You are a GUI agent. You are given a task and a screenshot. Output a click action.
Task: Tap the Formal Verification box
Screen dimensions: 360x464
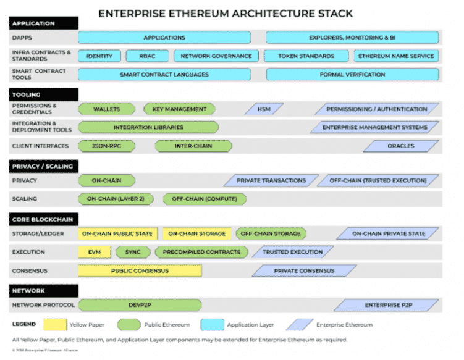(352, 75)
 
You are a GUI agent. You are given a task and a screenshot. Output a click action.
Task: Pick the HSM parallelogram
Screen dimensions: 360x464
(264, 109)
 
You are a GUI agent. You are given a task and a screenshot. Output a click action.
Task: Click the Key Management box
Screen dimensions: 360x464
(179, 109)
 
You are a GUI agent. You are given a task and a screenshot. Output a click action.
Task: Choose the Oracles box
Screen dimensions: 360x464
(401, 146)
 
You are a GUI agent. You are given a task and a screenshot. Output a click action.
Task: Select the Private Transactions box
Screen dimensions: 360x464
(271, 181)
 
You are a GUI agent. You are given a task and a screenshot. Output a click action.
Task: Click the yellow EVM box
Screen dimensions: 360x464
(95, 252)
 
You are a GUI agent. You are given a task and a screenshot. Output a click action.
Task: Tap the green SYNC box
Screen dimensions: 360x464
(133, 252)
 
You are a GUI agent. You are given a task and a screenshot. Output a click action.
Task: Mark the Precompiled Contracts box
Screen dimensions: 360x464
(201, 252)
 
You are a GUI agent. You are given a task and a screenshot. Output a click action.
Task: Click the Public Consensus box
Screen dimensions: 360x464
(140, 270)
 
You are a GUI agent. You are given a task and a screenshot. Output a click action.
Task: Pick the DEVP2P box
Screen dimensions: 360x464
(140, 305)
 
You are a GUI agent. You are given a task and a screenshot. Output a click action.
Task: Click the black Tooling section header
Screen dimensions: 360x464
(44, 94)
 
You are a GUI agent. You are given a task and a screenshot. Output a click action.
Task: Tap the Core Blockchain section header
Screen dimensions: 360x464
(44, 219)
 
